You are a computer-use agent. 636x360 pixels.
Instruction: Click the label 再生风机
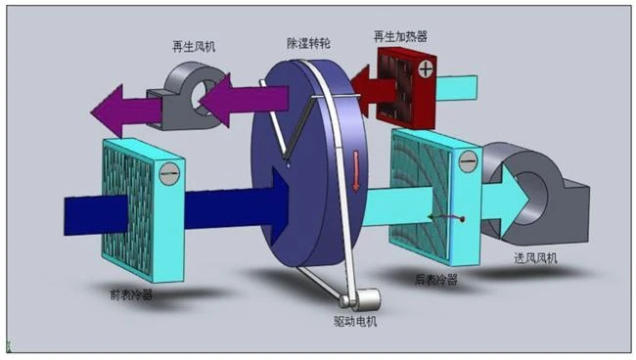pyautogui.click(x=194, y=47)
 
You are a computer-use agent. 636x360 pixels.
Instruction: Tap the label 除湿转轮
pyautogui.click(x=308, y=43)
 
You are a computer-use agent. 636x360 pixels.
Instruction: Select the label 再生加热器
pyautogui.click(x=400, y=37)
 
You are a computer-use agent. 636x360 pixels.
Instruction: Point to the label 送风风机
pyautogui.click(x=535, y=258)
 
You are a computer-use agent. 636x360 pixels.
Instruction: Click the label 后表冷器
pyautogui.click(x=436, y=280)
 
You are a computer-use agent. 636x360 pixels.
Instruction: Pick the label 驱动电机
pyautogui.click(x=355, y=322)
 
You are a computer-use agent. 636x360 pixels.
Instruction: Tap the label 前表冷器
pyautogui.click(x=131, y=294)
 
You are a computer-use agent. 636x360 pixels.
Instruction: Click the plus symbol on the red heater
pyautogui.click(x=426, y=69)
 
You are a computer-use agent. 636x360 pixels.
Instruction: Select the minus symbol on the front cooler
pyautogui.click(x=169, y=173)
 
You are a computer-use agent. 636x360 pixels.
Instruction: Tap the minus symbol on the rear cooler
pyautogui.click(x=468, y=161)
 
